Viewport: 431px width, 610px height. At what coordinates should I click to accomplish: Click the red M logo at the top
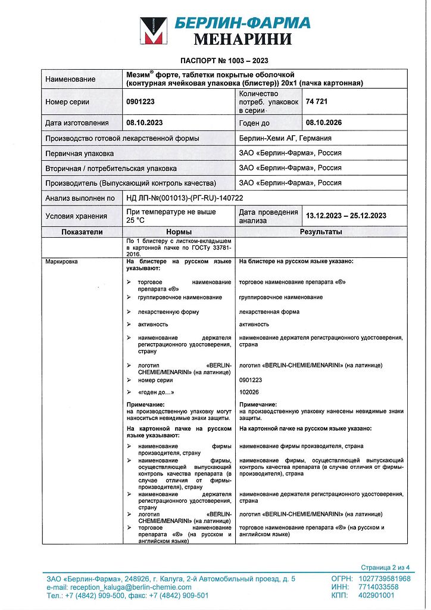point(153,32)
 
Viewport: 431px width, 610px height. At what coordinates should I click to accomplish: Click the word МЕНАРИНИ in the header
point(243,40)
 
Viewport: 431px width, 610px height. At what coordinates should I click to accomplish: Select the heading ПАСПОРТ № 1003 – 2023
point(224,61)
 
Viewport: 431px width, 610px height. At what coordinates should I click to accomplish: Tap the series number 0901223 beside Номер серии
point(140,102)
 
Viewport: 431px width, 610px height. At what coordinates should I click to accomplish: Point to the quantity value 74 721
point(317,102)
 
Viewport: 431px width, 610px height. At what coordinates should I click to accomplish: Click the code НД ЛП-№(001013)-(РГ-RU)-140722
point(185,198)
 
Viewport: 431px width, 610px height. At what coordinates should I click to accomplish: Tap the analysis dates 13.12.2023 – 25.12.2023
point(346,216)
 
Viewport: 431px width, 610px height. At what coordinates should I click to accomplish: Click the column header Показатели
point(82,232)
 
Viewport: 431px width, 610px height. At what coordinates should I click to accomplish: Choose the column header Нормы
point(179,232)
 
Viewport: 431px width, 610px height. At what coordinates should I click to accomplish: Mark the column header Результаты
point(321,232)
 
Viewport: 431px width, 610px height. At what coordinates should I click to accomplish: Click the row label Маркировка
point(61,262)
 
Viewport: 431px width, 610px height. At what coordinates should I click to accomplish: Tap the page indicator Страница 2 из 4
point(385,567)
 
